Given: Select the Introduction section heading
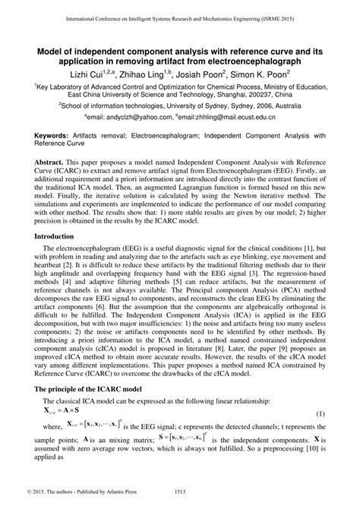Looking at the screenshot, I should (x=56, y=237).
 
